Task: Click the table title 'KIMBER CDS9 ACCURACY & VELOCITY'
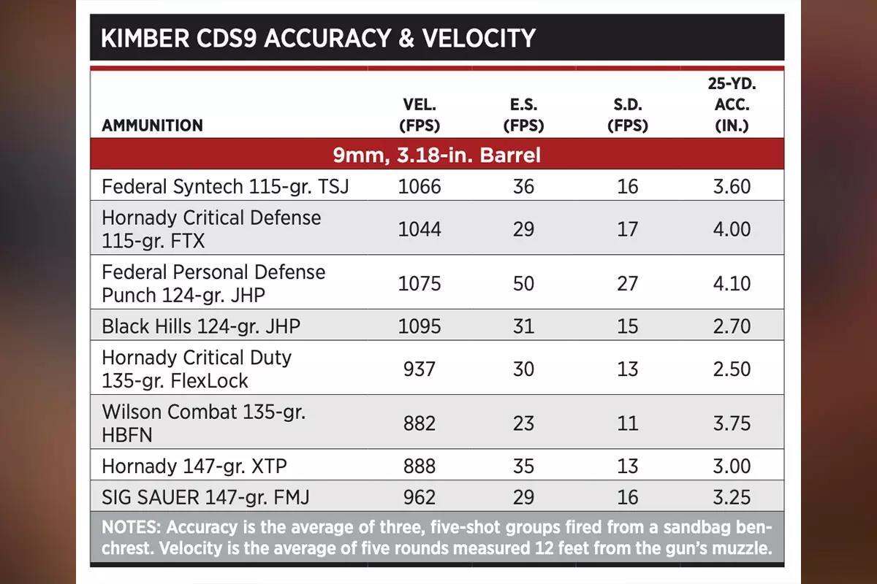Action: pyautogui.click(x=318, y=38)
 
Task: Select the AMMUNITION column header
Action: pyautogui.click(x=152, y=126)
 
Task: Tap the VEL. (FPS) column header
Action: pyautogui.click(x=419, y=115)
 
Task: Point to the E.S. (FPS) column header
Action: pyautogui.click(x=523, y=115)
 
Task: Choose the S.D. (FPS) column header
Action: pyautogui.click(x=627, y=115)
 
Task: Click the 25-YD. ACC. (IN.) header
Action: pyautogui.click(x=732, y=104)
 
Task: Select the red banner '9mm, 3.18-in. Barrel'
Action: pyautogui.click(x=436, y=155)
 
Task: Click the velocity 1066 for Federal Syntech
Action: pyautogui.click(x=419, y=187)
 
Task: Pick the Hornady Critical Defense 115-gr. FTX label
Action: pyautogui.click(x=211, y=229)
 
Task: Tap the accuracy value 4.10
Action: pyautogui.click(x=732, y=283)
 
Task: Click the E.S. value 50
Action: pyautogui.click(x=523, y=283)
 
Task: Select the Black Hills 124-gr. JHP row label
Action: pyautogui.click(x=201, y=326)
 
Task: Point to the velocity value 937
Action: pyautogui.click(x=419, y=369)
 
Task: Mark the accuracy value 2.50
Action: pyautogui.click(x=732, y=369)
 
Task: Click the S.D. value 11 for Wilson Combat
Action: pyautogui.click(x=627, y=423)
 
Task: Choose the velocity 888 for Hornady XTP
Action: pyautogui.click(x=419, y=466)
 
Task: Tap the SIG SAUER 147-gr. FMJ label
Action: pyautogui.click(x=205, y=498)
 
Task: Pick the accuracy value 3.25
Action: pyautogui.click(x=732, y=498)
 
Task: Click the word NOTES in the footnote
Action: pyautogui.click(x=129, y=528)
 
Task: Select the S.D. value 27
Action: pyautogui.click(x=627, y=283)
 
